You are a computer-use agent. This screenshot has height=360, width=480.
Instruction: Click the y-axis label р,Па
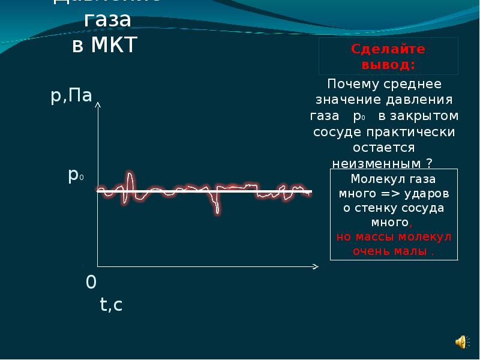[71, 95]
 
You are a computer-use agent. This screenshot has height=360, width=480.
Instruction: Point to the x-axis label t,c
[111, 305]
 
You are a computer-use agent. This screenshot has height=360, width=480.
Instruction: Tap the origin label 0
[91, 282]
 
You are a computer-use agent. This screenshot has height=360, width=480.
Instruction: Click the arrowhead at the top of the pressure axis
[98, 106]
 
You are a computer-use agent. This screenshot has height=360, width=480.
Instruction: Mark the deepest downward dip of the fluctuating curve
[217, 211]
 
